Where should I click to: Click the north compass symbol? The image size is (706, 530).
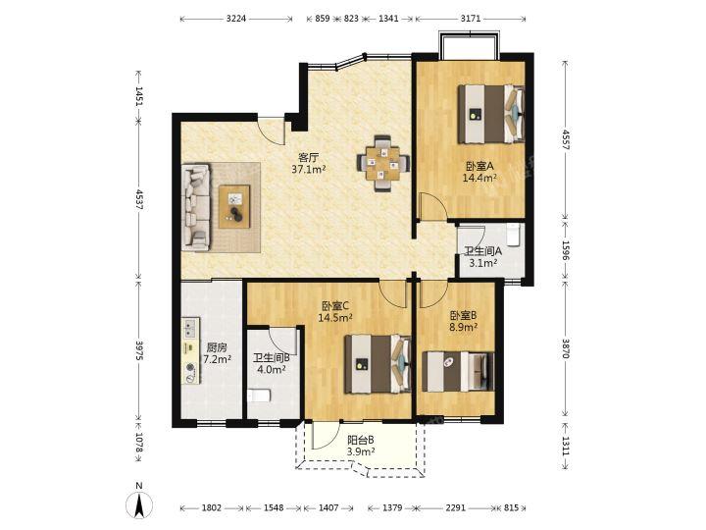point(139,502)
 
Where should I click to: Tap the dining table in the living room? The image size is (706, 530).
point(383,163)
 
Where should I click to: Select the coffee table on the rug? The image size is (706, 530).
point(234,206)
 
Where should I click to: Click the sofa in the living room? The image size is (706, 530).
point(196,207)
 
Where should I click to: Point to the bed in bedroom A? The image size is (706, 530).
point(491,114)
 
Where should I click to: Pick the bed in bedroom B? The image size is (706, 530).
point(458,372)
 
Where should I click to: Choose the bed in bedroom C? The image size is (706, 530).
point(378,364)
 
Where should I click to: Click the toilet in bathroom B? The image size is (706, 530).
point(259,396)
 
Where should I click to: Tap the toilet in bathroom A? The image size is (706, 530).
point(514,235)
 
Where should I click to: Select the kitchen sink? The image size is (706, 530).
point(190,328)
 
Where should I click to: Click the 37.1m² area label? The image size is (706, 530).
point(309,170)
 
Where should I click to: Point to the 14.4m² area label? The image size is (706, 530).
point(479,178)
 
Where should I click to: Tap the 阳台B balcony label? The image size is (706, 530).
point(361,440)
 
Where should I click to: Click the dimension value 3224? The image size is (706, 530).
point(236,19)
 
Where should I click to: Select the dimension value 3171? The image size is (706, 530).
point(471,19)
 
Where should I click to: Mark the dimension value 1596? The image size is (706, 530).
point(566,249)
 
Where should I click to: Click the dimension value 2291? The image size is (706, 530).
point(455,508)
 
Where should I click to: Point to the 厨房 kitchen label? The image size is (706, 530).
point(217,348)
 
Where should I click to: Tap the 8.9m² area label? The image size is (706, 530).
point(463,327)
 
